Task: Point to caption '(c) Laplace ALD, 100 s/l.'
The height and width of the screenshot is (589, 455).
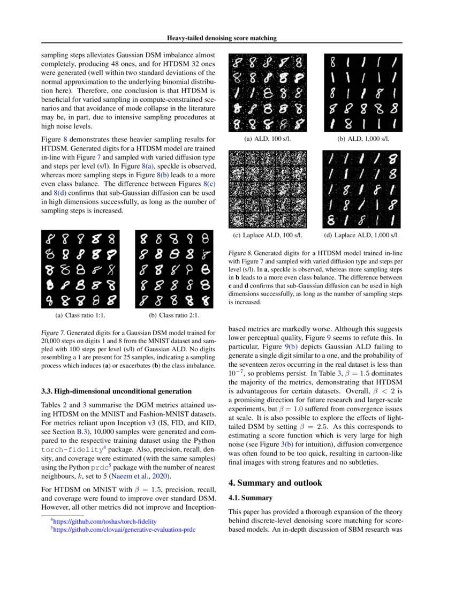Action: (268, 235)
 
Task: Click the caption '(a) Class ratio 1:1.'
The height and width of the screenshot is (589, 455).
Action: (80, 316)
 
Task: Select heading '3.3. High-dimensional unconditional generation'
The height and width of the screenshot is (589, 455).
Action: (116, 391)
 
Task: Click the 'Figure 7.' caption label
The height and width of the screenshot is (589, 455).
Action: (53, 333)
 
